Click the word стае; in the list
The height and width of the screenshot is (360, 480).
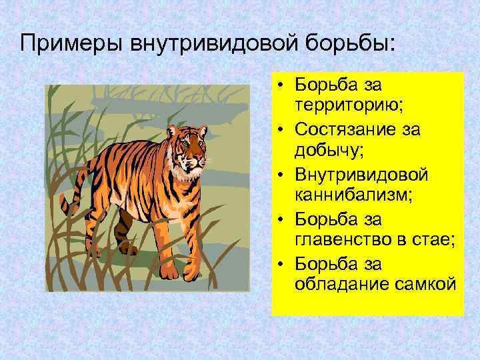point(435,241)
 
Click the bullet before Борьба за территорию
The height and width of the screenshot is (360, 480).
point(283,84)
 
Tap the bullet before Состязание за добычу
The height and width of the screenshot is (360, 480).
point(283,129)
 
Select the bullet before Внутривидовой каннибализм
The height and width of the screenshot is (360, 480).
point(283,175)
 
